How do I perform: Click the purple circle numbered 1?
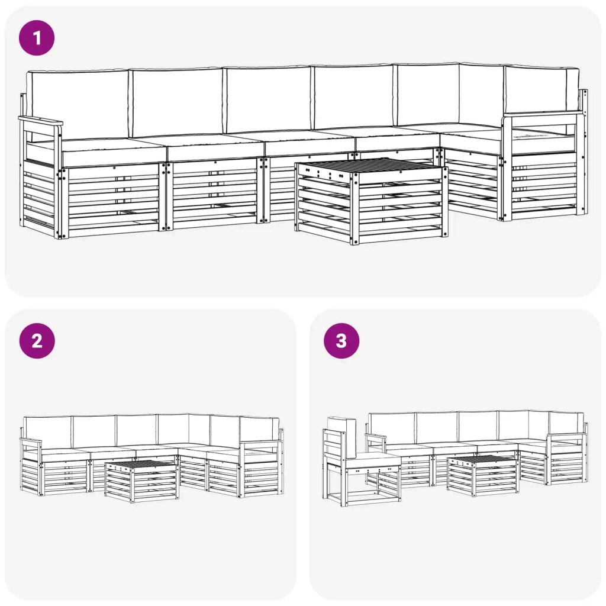37,38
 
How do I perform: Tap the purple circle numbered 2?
37,341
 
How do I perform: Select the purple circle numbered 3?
341,341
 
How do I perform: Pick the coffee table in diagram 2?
141,481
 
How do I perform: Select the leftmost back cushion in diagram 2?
48,432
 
